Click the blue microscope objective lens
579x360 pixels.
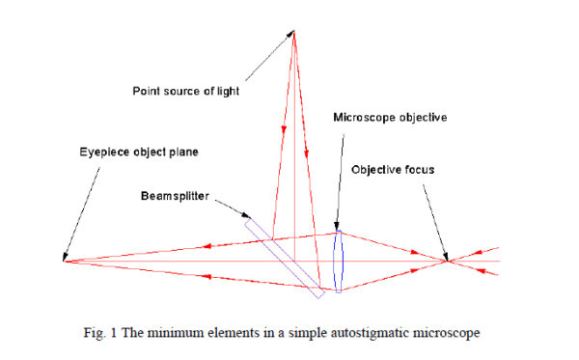[x=338, y=261]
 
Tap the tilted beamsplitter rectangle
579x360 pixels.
[x=284, y=253]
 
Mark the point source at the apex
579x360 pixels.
[x=293, y=32]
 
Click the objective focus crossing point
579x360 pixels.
[x=447, y=261]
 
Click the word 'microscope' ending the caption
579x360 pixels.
[x=447, y=333]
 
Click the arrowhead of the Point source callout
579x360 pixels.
[x=289, y=34]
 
